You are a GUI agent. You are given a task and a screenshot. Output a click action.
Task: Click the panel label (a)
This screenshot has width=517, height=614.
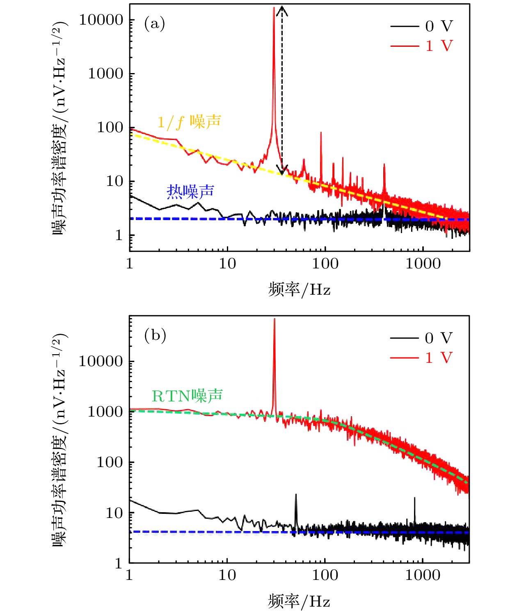point(154,24)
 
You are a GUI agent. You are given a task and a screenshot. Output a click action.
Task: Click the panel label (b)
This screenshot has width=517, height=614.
point(155,336)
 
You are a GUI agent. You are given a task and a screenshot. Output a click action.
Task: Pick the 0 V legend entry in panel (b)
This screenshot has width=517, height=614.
point(422,338)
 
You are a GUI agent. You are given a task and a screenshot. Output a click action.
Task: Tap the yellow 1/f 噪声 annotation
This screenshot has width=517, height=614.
point(189,122)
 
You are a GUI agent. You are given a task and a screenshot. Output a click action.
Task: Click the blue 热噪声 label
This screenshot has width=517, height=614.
point(190,191)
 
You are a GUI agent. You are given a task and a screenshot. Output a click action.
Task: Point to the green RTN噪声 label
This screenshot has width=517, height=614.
point(187,396)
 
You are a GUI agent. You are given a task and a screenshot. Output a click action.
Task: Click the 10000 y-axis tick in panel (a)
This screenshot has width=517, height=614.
point(101,20)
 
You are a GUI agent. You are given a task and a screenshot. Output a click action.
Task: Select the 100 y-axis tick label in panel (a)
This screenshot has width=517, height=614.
point(110,128)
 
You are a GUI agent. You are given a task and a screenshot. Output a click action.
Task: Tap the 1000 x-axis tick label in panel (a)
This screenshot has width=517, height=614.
point(423,263)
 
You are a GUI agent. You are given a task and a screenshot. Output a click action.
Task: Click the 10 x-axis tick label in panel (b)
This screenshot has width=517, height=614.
point(227,575)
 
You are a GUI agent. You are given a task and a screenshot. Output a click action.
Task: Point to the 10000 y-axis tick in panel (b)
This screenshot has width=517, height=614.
point(101,361)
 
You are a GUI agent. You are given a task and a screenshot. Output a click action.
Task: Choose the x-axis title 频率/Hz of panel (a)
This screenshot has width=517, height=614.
point(299,289)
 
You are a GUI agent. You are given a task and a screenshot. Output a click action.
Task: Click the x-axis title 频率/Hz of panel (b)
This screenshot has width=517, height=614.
point(299,601)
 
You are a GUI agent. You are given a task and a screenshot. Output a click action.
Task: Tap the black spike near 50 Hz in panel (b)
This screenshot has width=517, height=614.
point(296,497)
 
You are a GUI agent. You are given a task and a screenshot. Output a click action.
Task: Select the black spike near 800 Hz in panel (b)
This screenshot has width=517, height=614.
point(414,500)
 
